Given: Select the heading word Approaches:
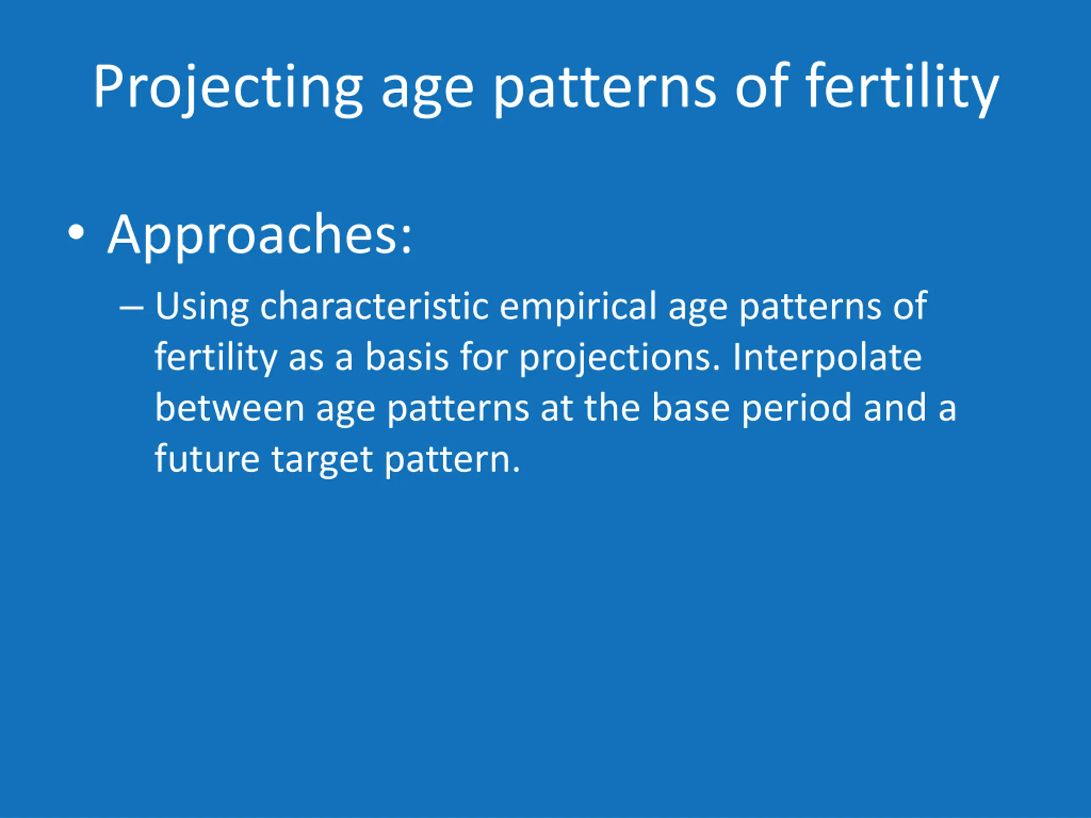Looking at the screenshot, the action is click(260, 236).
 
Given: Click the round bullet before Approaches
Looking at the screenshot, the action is click(76, 232).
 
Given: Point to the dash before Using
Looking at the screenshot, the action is click(131, 308).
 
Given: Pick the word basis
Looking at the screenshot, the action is click(407, 357).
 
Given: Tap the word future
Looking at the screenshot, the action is click(208, 458).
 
